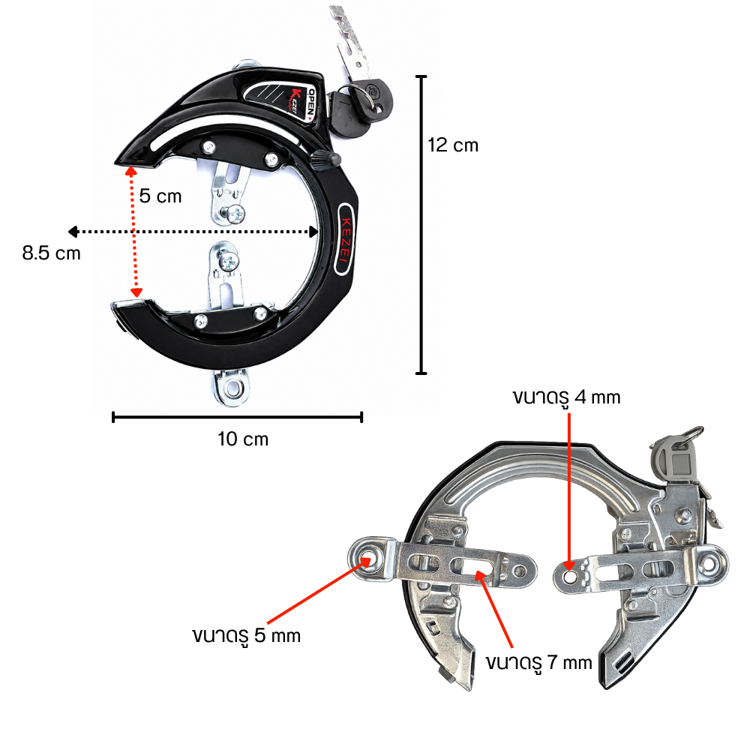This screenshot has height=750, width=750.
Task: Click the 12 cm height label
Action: [452, 145]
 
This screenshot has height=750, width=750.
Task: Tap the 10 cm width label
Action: [243, 439]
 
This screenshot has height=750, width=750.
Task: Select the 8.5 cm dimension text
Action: [51, 253]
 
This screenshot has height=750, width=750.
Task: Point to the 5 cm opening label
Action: [160, 196]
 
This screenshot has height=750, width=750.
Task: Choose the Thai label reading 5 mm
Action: [246, 637]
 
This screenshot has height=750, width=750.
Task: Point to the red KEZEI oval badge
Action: [345, 238]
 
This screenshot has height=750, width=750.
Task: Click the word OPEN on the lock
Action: [311, 102]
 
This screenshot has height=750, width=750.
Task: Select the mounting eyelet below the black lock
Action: [232, 386]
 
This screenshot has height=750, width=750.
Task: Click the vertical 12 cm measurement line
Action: [421, 225]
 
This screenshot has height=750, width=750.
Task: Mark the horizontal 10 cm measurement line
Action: [237, 417]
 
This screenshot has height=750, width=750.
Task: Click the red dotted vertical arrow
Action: [134, 232]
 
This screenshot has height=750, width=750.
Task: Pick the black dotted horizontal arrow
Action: [193, 232]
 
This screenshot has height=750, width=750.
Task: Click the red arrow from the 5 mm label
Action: [318, 591]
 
